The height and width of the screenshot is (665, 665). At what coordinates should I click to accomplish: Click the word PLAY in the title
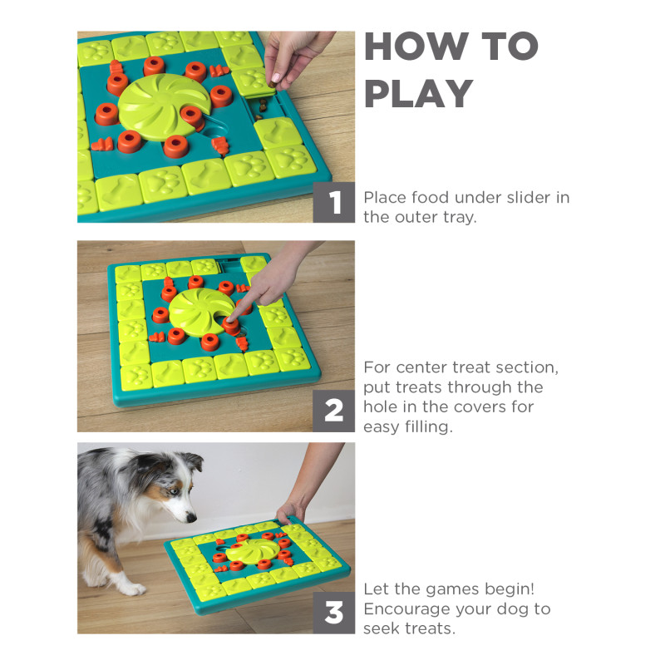pos(419,95)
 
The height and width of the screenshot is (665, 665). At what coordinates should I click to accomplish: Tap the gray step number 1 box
pos(334,202)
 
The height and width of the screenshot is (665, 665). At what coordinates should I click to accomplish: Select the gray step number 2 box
pos(334,411)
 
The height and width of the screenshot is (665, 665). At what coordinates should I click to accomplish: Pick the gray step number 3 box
pos(334,613)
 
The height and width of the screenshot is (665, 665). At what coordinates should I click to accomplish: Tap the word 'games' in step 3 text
pos(442,589)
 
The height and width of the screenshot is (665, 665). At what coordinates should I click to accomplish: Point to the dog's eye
pos(170,491)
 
